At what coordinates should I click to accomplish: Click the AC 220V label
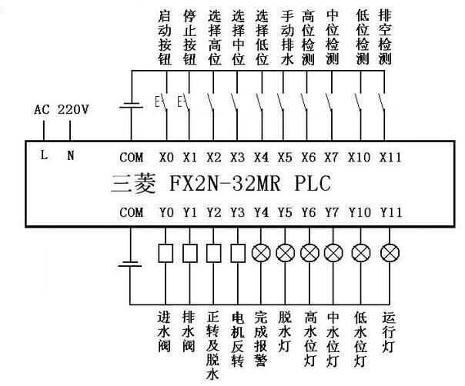(62, 110)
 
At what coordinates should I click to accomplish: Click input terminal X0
(166, 157)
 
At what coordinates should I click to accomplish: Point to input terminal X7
(332, 157)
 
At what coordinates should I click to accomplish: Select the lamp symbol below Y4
(262, 251)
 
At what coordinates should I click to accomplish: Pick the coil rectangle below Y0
(165, 251)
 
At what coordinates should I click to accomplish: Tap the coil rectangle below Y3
(238, 251)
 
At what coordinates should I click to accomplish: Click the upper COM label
(132, 157)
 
